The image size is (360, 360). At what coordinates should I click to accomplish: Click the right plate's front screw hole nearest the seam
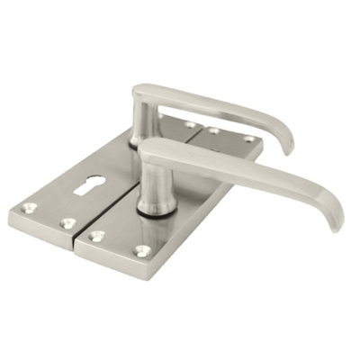click(x=96, y=237)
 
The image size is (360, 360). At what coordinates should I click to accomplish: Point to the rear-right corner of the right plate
click(x=263, y=146)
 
